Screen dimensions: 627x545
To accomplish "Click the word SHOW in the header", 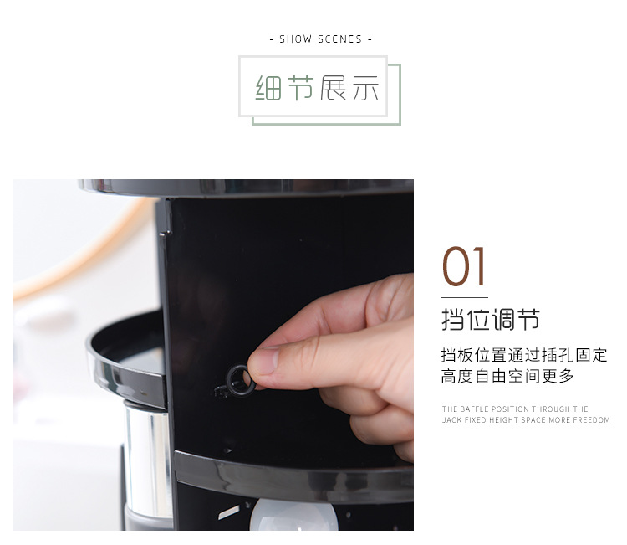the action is [x=295, y=39].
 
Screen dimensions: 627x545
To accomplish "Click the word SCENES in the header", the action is [x=340, y=39].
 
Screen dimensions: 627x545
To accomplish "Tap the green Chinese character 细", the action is [x=268, y=87].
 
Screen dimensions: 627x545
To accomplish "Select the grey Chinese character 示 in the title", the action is [x=365, y=87].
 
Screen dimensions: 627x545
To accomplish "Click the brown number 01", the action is [x=463, y=266].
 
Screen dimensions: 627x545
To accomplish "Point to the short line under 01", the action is [x=465, y=297].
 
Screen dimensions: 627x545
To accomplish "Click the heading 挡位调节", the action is [x=491, y=320].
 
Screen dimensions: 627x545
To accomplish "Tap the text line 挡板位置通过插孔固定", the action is [x=524, y=355].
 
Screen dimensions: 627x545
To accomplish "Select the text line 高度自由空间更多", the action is [x=507, y=376].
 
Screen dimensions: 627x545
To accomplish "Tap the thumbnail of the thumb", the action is [x=263, y=361].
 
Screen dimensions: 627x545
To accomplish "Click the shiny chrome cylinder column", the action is [x=148, y=460].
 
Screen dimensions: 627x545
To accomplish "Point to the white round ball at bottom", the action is [x=293, y=516].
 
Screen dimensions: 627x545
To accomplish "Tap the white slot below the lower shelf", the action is [x=229, y=512].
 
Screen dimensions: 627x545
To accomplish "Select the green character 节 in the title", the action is [x=301, y=87].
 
